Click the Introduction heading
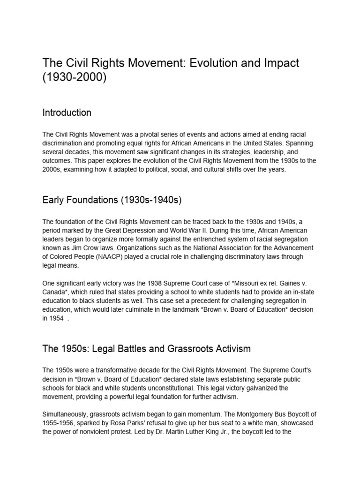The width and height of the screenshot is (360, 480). tap(67, 113)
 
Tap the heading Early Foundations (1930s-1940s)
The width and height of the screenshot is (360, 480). tap(112, 200)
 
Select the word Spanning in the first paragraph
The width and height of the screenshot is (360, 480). tap(304, 143)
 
